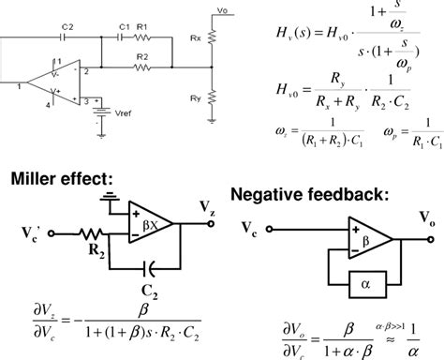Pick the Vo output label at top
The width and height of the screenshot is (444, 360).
221,10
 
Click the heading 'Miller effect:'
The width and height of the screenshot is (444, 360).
58,179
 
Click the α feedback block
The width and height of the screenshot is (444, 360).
363,280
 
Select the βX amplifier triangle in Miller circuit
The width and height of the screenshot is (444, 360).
151,226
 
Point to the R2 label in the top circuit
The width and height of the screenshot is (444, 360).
141,57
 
